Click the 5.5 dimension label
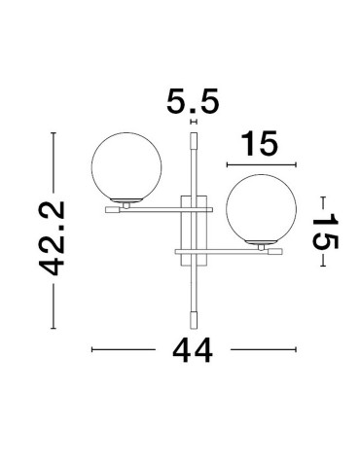[193, 101]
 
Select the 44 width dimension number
[195, 348]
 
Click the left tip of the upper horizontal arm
[108, 207]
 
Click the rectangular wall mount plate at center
[195, 230]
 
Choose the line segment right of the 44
[261, 348]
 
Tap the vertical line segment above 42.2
[54, 165]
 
